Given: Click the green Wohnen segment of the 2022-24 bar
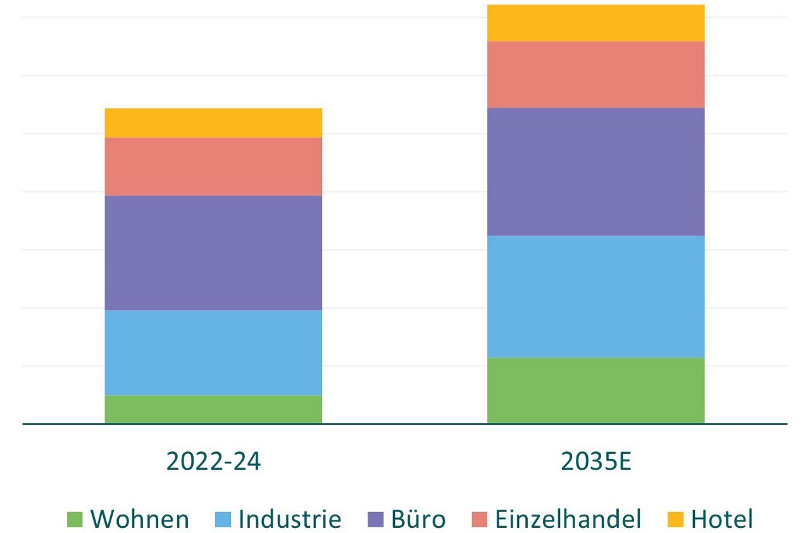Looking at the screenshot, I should tap(213, 409).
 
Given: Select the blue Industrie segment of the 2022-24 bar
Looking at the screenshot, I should tap(213, 353).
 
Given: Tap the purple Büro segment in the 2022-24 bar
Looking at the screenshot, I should tap(213, 253).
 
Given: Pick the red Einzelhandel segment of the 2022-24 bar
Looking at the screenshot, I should tap(213, 166).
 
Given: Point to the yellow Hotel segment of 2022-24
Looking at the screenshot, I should tap(213, 123).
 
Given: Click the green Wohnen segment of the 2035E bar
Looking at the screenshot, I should tap(595, 390).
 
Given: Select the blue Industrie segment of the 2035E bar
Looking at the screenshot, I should tap(595, 296).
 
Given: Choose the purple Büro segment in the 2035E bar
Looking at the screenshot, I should tap(595, 172).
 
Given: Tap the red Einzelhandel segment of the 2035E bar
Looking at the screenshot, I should tap(595, 74).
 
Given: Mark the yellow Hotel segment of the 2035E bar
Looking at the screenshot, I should tap(595, 23).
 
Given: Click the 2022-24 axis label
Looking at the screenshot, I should tap(213, 461).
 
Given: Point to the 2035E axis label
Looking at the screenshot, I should tap(595, 461).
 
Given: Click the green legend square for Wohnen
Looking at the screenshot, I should tap(75, 520).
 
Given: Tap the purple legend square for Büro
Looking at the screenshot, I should tap(375, 520).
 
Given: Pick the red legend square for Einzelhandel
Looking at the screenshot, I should tap(479, 520).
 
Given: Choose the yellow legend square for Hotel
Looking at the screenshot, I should tap(676, 520).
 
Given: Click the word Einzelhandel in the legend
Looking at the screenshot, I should tap(568, 519).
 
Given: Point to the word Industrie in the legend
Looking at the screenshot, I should tap(290, 519).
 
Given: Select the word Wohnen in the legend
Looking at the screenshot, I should tap(140, 519).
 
